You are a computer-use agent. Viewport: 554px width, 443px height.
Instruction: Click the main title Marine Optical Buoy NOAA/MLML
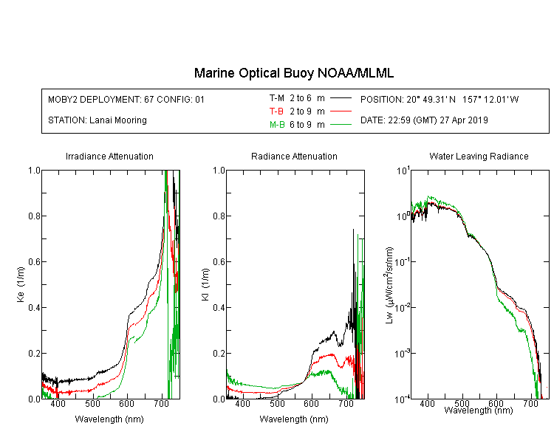[293, 73]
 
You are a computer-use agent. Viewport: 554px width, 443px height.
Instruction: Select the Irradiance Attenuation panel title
[109, 156]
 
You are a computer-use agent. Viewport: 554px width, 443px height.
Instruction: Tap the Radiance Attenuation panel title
[294, 156]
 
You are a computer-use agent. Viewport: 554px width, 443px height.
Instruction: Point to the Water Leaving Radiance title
[479, 156]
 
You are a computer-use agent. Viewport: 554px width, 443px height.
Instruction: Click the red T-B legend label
[276, 111]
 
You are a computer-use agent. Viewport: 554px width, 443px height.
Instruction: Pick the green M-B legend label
[277, 124]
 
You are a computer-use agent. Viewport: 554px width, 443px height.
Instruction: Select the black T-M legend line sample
[341, 98]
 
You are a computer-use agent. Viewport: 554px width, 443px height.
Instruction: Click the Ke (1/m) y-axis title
[21, 285]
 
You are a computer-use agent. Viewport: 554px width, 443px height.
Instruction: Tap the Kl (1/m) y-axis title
[205, 285]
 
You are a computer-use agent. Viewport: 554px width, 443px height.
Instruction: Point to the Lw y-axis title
[389, 285]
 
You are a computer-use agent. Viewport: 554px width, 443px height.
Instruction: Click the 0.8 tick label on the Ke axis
[34, 216]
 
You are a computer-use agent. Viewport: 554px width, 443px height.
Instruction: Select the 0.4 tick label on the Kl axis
[219, 307]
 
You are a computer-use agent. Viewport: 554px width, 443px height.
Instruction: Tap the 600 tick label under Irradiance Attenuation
[127, 404]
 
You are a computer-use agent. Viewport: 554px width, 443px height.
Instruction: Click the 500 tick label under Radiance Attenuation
[277, 404]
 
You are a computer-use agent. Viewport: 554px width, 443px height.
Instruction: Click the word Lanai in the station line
[100, 120]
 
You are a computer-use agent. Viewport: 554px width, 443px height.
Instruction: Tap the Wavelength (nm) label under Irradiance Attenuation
[109, 419]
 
